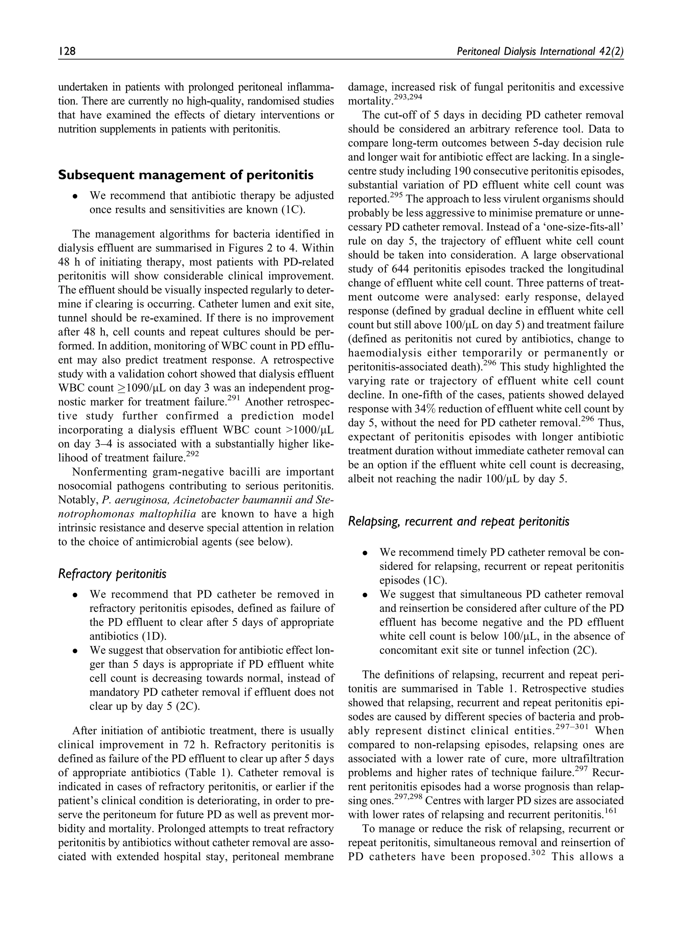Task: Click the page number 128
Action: pos(66,51)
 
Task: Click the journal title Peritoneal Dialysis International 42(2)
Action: pos(540,51)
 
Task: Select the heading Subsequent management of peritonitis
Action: pos(186,175)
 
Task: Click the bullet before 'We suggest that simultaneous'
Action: pos(366,595)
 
